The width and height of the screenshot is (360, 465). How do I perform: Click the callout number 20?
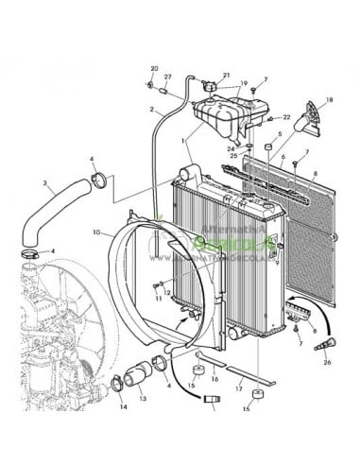tap(155, 69)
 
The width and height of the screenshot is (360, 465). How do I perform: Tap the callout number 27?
tap(168, 77)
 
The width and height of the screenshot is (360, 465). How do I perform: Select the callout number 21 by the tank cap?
tap(227, 76)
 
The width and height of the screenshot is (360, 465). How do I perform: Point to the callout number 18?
tap(329, 98)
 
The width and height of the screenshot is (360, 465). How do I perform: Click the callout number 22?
tap(287, 117)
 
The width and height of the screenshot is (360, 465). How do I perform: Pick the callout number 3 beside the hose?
tap(44, 181)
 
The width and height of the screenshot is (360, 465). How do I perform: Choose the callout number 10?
tap(97, 232)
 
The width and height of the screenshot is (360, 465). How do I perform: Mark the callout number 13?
tap(144, 400)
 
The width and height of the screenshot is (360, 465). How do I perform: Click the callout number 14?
tap(123, 407)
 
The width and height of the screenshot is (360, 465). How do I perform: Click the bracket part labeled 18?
tap(309, 117)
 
